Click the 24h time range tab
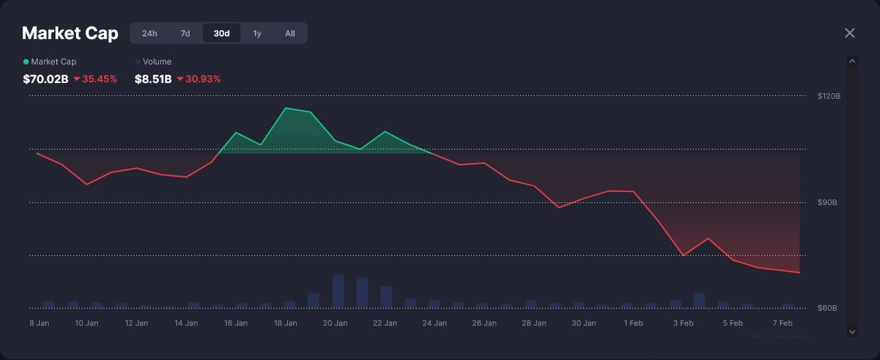click(x=149, y=33)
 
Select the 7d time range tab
click(x=185, y=33)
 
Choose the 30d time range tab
click(x=221, y=33)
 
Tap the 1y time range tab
click(x=257, y=33)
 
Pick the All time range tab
click(x=290, y=33)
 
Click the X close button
click(x=850, y=33)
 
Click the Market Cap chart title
click(x=70, y=33)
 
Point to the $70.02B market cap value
click(x=45, y=79)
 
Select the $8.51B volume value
click(x=153, y=79)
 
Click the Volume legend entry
click(x=157, y=62)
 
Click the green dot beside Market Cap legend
click(x=26, y=62)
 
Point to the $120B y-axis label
click(x=829, y=96)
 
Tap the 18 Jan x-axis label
click(x=285, y=323)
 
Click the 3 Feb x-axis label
click(x=683, y=323)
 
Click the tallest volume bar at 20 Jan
click(x=338, y=291)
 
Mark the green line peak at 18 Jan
click(x=286, y=108)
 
